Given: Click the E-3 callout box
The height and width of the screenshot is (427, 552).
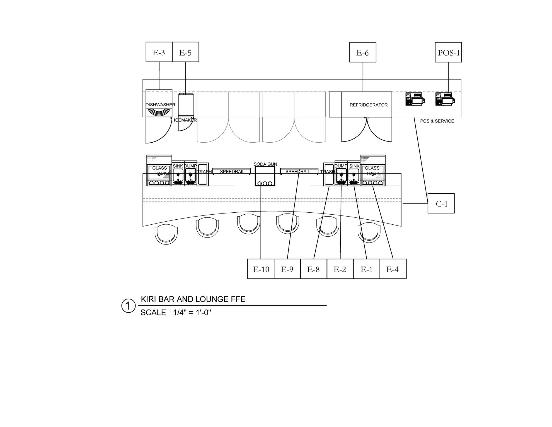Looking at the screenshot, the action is tap(159, 52).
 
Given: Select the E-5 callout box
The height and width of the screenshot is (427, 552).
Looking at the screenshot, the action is tap(185, 52).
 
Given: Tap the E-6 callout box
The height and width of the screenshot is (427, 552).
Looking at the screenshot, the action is tap(363, 52).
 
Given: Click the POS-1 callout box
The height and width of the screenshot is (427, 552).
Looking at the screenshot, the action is tap(448, 52).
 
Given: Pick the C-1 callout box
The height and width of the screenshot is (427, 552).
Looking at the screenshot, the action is tap(441, 203).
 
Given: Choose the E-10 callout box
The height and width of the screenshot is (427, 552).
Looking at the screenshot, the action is tap(261, 269).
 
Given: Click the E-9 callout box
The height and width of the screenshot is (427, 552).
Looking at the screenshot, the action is tap(287, 269).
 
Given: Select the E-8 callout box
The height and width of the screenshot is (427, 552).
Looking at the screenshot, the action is tap(314, 269).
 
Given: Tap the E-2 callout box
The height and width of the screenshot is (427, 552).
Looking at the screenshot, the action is tap(340, 269).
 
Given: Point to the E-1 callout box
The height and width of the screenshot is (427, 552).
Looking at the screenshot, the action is tap(367, 269).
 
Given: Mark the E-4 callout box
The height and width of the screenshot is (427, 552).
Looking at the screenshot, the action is tap(393, 269).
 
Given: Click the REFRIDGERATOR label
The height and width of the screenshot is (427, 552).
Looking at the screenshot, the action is tap(369, 105).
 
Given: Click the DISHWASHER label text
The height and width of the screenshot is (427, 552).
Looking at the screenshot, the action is tap(160, 105).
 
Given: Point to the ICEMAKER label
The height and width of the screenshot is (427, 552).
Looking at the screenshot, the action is tap(185, 120).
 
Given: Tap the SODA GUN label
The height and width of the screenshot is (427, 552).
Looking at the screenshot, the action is tap(265, 164).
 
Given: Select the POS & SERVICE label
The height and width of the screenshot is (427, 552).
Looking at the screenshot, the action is tap(437, 121).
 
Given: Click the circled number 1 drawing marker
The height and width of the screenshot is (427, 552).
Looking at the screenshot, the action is tap(128, 306).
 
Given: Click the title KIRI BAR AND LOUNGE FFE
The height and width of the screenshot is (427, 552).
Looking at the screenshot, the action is tap(193, 299).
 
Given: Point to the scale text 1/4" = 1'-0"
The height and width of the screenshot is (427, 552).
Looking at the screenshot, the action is tap(192, 313).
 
